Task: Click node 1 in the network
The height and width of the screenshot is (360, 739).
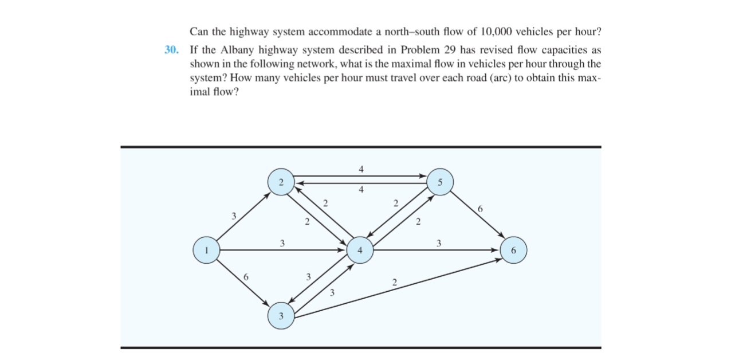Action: [x=207, y=250]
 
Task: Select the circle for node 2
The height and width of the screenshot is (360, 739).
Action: [x=281, y=182]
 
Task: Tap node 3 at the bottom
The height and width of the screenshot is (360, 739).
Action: [x=281, y=316]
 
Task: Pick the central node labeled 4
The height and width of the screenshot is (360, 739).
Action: [x=360, y=251]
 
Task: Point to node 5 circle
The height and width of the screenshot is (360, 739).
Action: [x=439, y=182]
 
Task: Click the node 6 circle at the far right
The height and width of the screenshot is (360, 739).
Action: [x=513, y=251]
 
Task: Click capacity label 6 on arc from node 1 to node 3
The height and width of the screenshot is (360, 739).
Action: [x=246, y=277]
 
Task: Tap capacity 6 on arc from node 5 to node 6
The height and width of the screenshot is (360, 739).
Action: [x=480, y=210]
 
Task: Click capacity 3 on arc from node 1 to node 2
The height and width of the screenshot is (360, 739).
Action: [x=233, y=216]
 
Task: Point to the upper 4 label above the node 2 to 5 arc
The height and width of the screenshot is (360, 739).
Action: [x=360, y=169]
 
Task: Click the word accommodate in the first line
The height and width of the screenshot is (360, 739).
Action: [x=323, y=30]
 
